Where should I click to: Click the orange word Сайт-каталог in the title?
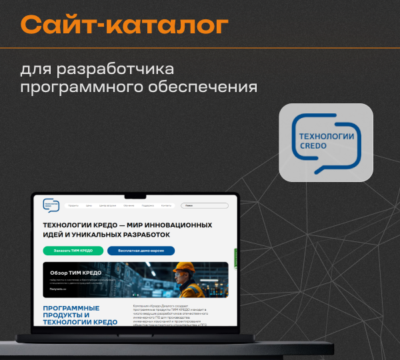coord(124,25)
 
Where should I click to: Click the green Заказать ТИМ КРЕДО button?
coord(73,251)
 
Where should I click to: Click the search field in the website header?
coord(204,206)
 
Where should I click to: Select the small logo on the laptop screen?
coord(51,205)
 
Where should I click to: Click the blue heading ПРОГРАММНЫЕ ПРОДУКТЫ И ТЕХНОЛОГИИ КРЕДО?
coord(80,315)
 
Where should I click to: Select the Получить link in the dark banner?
coord(57,289)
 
